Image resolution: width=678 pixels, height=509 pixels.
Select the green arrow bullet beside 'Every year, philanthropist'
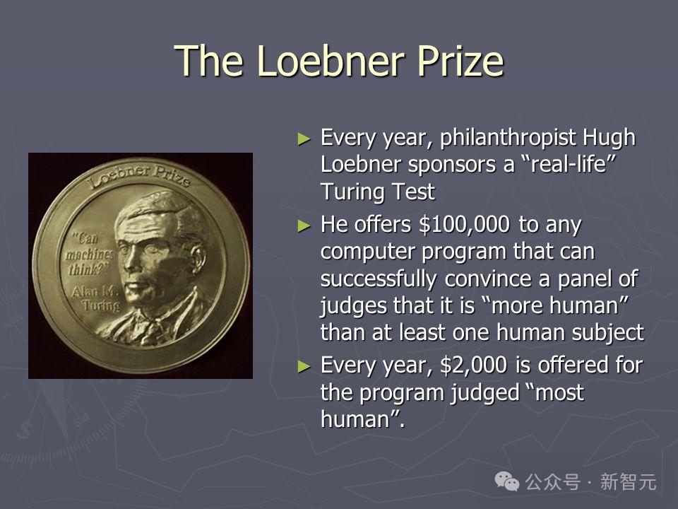tap(304, 139)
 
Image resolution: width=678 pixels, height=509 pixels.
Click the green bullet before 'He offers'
tap(304, 226)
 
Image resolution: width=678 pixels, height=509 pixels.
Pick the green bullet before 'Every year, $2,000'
tap(304, 366)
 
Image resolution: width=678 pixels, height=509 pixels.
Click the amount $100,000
tap(465, 225)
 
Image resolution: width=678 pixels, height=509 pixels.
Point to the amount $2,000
tap(473, 365)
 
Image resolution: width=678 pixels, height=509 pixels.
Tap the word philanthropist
tap(508, 138)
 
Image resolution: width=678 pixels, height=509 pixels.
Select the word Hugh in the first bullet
tap(609, 138)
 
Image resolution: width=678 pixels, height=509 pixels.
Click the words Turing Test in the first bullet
tap(377, 192)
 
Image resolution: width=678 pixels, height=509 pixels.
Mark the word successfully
tap(379, 279)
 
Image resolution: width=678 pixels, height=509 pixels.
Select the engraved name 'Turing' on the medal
tap(102, 306)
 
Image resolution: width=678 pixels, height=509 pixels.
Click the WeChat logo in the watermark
tap(507, 481)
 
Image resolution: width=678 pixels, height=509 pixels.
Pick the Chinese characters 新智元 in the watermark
tap(628, 481)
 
